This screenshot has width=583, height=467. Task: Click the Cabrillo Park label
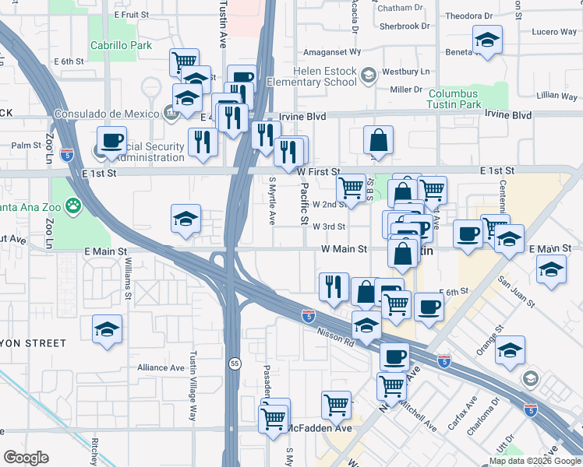pyautogui.click(x=120, y=46)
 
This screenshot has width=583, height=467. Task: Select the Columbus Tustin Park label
pyautogui.click(x=463, y=99)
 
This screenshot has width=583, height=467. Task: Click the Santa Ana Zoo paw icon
pyautogui.click(x=74, y=206)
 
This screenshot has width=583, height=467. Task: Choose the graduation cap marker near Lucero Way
pyautogui.click(x=487, y=40)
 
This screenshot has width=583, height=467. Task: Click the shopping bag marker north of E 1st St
pyautogui.click(x=378, y=141)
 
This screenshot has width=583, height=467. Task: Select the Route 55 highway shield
pyautogui.click(x=235, y=363)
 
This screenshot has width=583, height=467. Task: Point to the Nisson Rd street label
pyautogui.click(x=336, y=336)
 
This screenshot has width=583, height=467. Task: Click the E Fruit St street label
pyautogui.click(x=131, y=15)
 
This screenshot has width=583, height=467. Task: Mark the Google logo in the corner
pyautogui.click(x=26, y=458)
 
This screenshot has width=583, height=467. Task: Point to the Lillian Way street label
pyautogui.click(x=557, y=95)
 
